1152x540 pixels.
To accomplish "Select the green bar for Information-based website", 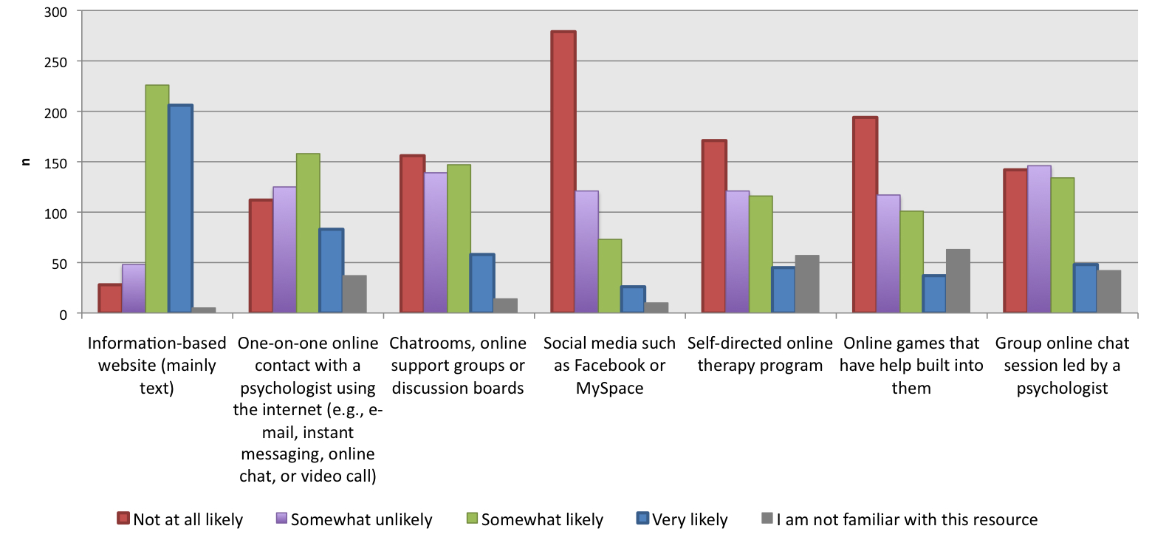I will [157, 199].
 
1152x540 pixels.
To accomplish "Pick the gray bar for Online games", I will [958, 281].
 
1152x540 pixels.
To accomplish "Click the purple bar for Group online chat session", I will [1038, 239].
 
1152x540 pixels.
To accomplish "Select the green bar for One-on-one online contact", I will [308, 233].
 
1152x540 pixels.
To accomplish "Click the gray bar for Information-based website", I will [204, 310].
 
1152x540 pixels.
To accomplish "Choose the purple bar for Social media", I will [586, 252].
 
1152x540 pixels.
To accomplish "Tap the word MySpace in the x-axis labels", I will [609, 389].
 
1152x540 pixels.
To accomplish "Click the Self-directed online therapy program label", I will [760, 355].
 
